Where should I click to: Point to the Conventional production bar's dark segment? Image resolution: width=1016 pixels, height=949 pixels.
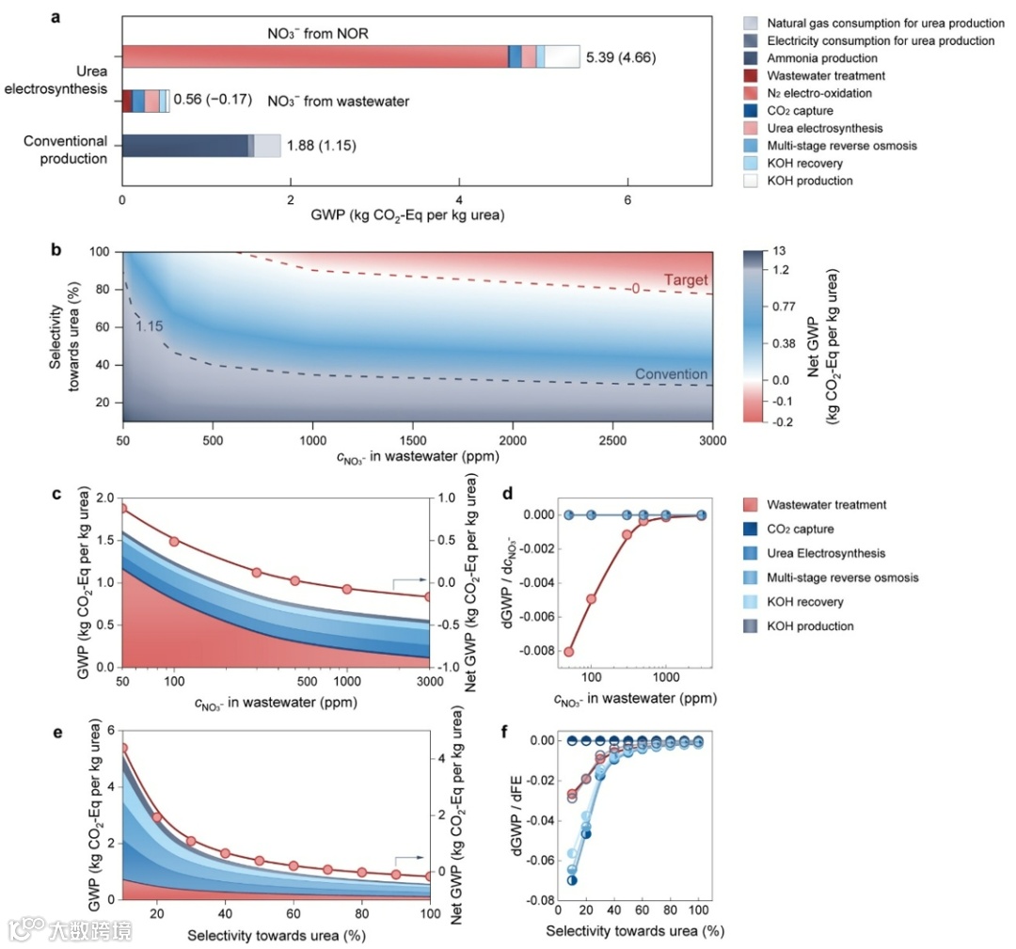(184, 146)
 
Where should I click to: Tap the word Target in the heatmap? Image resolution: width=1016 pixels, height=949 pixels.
(686, 280)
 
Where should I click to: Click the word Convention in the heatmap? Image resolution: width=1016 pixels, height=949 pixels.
(672, 374)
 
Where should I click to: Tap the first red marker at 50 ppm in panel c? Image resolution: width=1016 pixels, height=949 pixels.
(122, 509)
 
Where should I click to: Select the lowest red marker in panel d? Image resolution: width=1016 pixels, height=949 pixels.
(569, 651)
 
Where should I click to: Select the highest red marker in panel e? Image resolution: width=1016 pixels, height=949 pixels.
(122, 749)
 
